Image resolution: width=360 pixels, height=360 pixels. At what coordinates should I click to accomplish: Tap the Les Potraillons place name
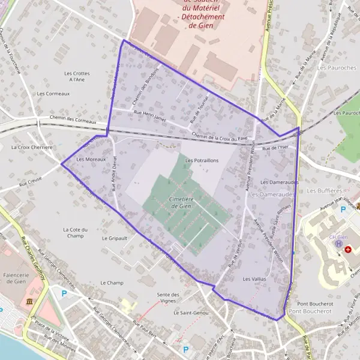202,161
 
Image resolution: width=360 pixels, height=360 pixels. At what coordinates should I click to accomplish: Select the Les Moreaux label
91,160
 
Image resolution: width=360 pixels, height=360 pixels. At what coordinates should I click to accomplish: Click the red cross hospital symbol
348,248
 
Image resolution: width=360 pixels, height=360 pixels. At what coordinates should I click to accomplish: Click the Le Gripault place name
114,238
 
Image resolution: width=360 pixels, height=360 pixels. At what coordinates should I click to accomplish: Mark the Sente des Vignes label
168,298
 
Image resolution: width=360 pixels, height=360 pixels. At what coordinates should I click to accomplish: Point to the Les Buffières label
320,191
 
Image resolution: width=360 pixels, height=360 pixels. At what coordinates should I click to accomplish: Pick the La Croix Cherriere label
32,147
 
